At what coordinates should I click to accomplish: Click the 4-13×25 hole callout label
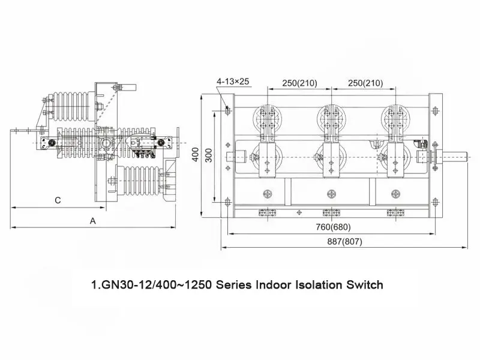(x=233, y=82)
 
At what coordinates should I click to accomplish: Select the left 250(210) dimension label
(x=299, y=83)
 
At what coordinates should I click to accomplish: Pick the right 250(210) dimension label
(x=365, y=83)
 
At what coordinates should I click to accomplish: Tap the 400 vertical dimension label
(x=196, y=155)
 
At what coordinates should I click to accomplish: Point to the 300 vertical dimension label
(x=208, y=155)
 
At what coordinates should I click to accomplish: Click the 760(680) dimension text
(x=334, y=227)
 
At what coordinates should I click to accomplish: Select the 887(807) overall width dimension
(x=344, y=242)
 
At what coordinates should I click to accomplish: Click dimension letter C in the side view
(x=58, y=200)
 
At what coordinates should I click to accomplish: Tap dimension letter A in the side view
(x=93, y=221)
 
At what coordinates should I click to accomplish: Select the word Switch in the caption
(x=365, y=284)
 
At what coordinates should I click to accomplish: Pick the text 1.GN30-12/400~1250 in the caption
(x=152, y=285)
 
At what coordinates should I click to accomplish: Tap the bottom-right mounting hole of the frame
(x=436, y=202)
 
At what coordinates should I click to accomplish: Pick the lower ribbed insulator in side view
(x=140, y=181)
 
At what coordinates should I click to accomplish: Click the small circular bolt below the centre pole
(x=332, y=194)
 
